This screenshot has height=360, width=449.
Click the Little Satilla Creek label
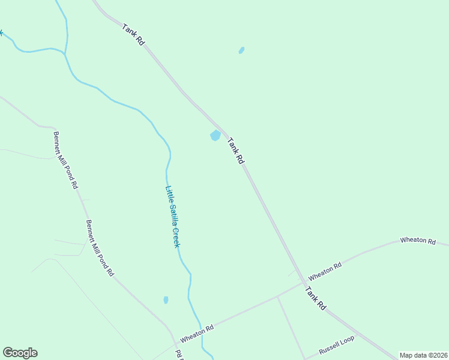coord(173,216)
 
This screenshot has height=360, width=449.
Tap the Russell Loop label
coord(337,346)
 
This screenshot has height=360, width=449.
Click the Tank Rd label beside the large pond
coord(236,151)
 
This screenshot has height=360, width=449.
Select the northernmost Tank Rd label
coord(133,35)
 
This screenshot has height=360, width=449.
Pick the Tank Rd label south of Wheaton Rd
coord(315,298)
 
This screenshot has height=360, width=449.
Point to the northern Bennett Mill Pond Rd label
coord(65,161)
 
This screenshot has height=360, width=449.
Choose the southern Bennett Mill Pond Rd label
coord(100,248)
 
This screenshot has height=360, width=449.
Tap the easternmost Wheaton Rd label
coord(418,240)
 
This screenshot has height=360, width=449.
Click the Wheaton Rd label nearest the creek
coord(197,334)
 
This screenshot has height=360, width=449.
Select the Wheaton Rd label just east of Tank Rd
coord(325,271)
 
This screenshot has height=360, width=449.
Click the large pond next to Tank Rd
coord(215,136)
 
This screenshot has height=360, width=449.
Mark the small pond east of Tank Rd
coord(241,50)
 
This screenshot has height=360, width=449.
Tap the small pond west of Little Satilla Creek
coord(166,299)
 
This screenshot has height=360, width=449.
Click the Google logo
coord(20,353)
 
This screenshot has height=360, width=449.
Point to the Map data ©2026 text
coord(424,355)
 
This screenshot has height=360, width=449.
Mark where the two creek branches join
coord(65,53)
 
